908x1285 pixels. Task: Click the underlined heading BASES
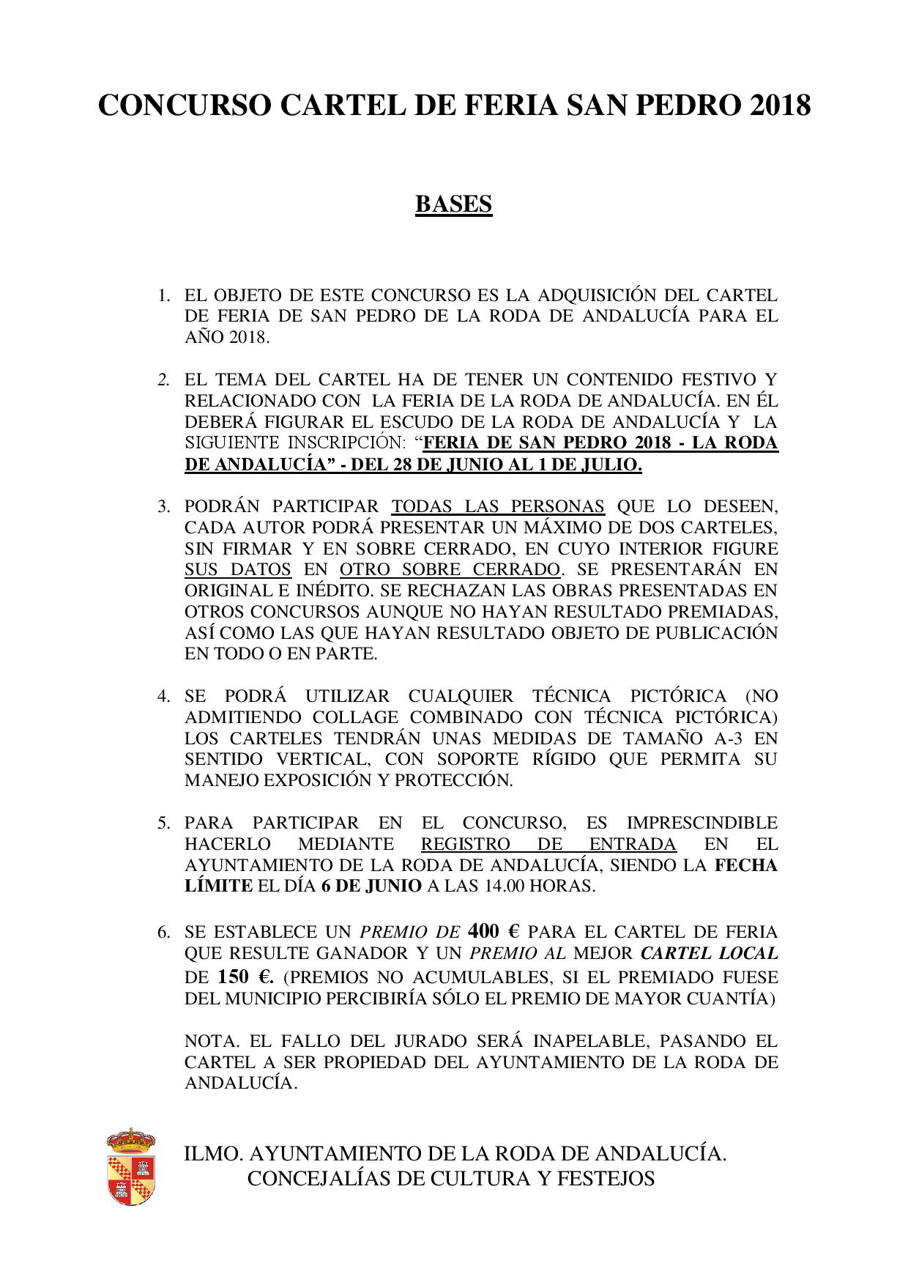pyautogui.click(x=453, y=204)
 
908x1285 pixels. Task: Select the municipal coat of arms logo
pyautogui.click(x=131, y=1168)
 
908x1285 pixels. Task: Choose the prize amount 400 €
pyautogui.click(x=493, y=931)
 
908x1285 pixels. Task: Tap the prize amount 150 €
pyautogui.click(x=245, y=977)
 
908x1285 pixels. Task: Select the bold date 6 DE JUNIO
pyautogui.click(x=371, y=886)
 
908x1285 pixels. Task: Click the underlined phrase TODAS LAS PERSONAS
pyautogui.click(x=498, y=506)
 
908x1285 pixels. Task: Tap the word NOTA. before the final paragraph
pyautogui.click(x=214, y=1041)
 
